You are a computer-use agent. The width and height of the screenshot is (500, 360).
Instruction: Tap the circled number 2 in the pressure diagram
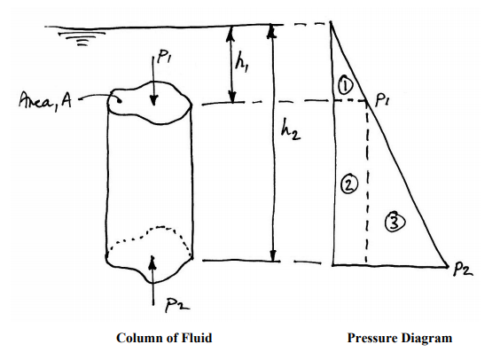349,185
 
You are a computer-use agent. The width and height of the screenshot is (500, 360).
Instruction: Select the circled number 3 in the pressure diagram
395,222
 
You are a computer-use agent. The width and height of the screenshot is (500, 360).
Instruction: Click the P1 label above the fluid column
164,57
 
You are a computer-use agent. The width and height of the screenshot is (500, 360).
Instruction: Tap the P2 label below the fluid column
177,305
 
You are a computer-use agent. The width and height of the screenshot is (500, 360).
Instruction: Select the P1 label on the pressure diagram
382,100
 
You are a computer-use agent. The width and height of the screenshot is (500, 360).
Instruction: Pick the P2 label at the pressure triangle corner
463,270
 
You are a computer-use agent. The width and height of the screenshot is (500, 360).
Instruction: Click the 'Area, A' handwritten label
45,101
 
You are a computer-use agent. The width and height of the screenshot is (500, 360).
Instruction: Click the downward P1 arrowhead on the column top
153,100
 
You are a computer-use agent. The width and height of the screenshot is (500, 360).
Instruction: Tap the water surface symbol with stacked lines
82,38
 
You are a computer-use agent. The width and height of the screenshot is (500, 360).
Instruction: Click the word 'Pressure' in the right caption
371,338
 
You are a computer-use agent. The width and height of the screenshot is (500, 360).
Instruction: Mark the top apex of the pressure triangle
331,21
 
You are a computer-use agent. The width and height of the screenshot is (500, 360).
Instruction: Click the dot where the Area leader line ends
119,101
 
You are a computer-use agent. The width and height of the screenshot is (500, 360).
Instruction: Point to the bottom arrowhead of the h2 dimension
273,255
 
